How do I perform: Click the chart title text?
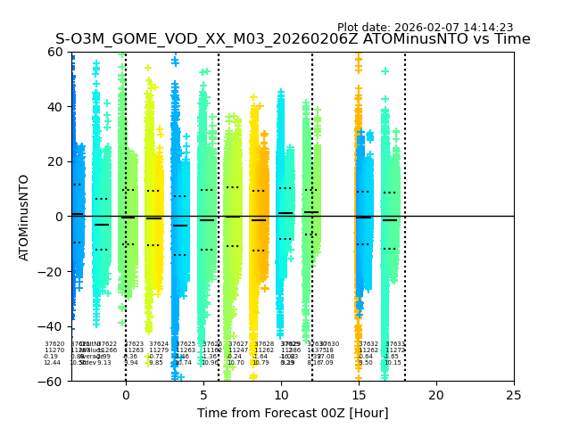293,39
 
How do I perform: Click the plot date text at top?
425,28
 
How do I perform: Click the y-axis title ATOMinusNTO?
25,217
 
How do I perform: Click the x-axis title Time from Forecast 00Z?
293,413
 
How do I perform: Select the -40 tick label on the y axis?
54,326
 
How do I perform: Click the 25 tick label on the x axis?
513,394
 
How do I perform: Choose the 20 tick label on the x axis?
435,394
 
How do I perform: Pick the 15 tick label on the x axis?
358,394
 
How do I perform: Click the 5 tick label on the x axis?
203,394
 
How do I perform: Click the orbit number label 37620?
54,344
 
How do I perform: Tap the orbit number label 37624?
159,344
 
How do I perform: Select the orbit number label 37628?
264,344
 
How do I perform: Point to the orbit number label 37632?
368,344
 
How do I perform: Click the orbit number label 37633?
394,344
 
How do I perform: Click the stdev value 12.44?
52,363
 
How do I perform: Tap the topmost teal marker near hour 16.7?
385,70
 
